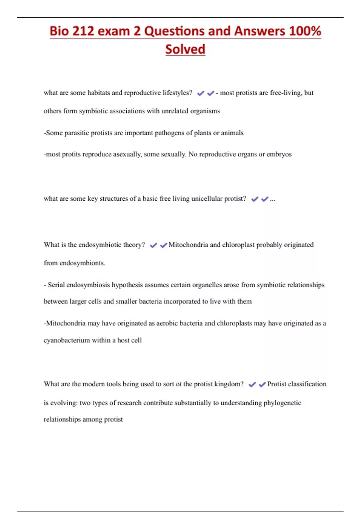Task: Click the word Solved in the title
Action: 185,49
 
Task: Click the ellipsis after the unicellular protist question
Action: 273,199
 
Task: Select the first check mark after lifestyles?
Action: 201,93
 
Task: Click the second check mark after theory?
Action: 164,245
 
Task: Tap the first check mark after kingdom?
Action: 252,384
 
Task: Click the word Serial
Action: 56,285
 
